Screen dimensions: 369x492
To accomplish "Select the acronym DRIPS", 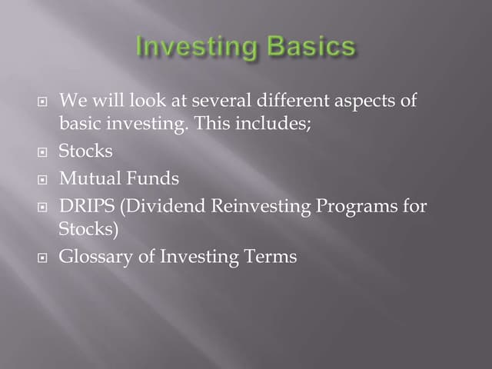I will (85, 207).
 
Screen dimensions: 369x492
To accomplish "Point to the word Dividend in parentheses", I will (154, 207).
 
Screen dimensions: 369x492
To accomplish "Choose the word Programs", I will (354, 207).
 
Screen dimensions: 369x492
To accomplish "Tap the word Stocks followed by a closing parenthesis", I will (87, 228).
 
